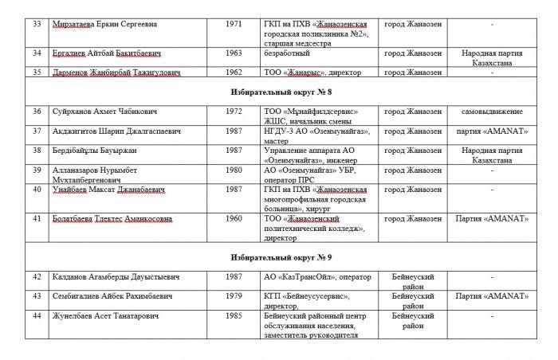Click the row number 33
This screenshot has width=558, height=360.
(35, 23)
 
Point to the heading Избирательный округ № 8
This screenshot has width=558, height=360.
(280, 92)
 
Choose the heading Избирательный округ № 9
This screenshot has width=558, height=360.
(280, 257)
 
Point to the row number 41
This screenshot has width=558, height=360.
(35, 217)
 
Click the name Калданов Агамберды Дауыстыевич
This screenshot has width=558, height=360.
(113, 277)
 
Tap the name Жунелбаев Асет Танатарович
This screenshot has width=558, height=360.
(107, 316)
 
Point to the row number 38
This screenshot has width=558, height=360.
(35, 150)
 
